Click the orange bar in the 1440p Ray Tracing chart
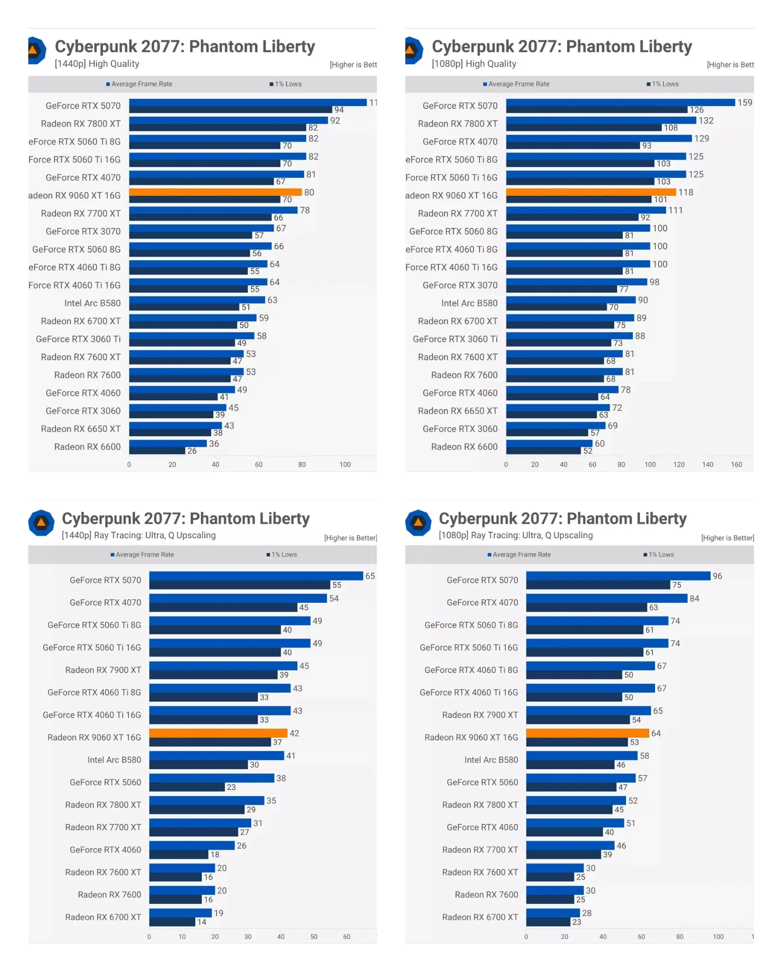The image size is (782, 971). [x=218, y=733]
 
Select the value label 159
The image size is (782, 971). [x=745, y=102]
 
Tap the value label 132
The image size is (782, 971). [x=706, y=120]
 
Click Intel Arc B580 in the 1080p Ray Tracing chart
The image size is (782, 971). [x=491, y=760]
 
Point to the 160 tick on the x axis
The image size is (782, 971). [x=736, y=465]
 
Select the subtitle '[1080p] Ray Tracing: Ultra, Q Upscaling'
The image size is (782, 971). [x=515, y=535]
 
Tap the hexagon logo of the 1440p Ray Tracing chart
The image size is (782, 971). [x=41, y=523]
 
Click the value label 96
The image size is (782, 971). [x=717, y=576]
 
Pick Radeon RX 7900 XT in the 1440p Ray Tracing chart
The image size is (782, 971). [x=103, y=670]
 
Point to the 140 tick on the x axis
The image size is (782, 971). [x=707, y=465]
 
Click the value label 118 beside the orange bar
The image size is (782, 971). [x=685, y=192]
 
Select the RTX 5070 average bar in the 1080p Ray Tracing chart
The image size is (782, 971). [x=618, y=576]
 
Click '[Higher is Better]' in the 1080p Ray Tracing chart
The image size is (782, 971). [x=727, y=538]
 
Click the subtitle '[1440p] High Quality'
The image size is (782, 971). [x=97, y=64]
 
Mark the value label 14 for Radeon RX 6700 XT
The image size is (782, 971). [x=202, y=922]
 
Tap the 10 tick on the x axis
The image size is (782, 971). [x=182, y=937]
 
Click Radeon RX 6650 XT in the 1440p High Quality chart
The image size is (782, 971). [x=81, y=429]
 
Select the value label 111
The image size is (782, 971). [x=675, y=210]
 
